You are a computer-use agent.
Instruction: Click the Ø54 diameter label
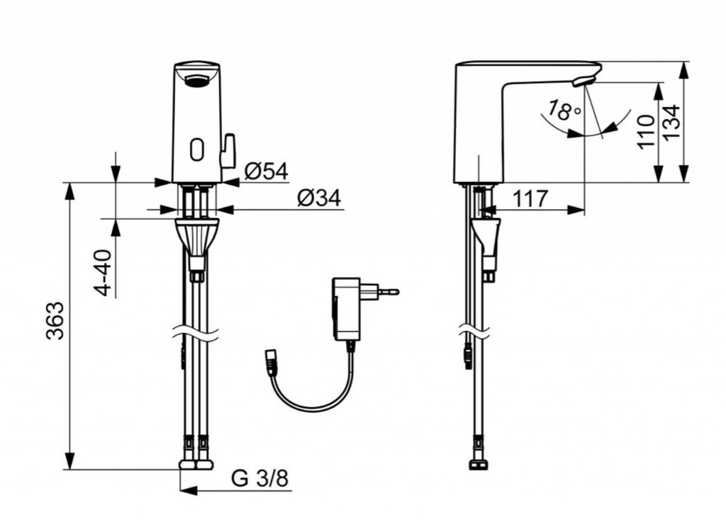[266, 171]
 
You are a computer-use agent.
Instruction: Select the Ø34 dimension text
[319, 198]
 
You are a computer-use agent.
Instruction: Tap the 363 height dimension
[55, 321]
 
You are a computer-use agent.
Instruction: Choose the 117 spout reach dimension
[530, 199]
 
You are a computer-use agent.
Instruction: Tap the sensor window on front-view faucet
[197, 149]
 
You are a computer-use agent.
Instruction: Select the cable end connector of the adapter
[272, 358]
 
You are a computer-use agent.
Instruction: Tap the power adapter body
[346, 309]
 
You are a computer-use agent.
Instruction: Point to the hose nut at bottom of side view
[477, 465]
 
